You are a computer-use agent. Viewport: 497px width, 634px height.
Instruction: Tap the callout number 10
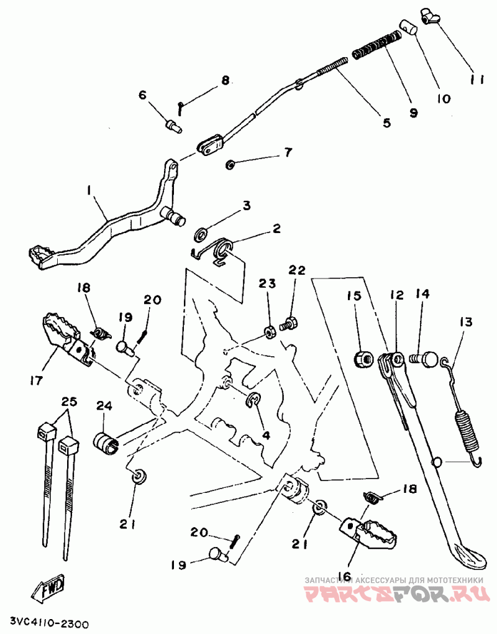[444, 98]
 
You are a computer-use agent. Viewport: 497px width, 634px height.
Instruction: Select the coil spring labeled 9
[376, 46]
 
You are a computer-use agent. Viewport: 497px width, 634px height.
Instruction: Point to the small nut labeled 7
[230, 164]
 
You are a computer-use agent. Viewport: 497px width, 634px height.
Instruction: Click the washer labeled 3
[201, 233]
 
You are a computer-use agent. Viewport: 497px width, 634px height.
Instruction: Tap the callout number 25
[69, 402]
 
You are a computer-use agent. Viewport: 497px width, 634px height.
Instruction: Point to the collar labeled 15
[362, 359]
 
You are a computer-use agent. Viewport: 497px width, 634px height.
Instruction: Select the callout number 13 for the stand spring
[465, 323]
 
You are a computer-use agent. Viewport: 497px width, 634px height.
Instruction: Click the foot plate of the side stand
[468, 554]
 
